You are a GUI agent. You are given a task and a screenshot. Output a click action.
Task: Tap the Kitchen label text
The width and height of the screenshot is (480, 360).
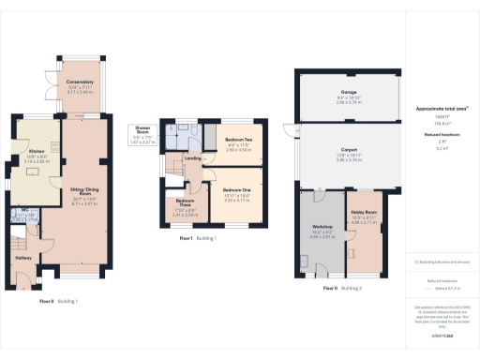click(x=37, y=151)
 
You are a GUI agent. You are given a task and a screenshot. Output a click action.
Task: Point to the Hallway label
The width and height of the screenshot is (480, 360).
click(x=24, y=258)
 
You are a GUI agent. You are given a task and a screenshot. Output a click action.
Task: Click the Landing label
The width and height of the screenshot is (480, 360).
click(x=193, y=157)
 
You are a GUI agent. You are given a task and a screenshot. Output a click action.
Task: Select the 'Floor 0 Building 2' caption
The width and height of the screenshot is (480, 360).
click(x=341, y=289)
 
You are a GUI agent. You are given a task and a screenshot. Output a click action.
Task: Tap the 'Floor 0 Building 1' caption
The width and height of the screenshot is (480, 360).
click(x=58, y=301)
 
